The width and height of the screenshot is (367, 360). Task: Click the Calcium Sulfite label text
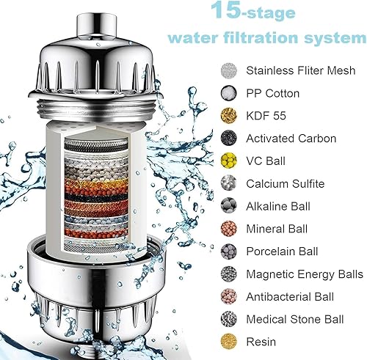click(286, 183)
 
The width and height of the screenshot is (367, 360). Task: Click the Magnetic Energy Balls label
click(305, 274)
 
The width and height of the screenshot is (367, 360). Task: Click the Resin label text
click(262, 342)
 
